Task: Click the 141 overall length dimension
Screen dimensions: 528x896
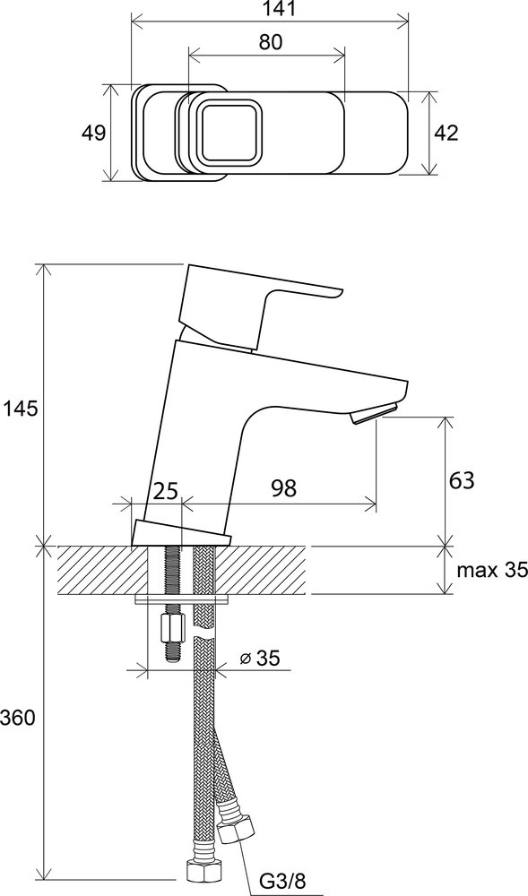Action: point(270,8)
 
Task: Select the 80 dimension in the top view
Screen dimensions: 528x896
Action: point(271,42)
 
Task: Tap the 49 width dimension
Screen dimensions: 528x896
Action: point(93,133)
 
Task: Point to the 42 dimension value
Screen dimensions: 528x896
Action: point(446,133)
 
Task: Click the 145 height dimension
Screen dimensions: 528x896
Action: point(21,409)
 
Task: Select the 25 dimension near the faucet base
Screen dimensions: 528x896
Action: point(166,490)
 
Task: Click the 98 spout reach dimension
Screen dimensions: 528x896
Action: point(284,488)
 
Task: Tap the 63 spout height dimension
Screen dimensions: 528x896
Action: point(462,480)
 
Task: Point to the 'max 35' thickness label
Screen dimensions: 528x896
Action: point(491,570)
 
